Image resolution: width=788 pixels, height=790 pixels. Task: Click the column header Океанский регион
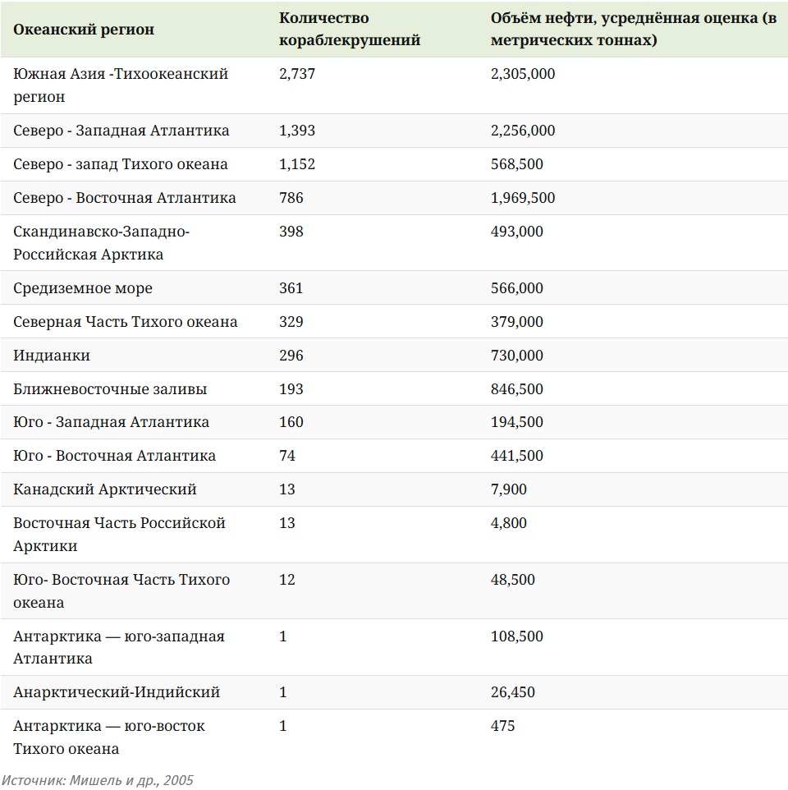84,30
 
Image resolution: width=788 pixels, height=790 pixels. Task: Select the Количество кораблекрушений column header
350,29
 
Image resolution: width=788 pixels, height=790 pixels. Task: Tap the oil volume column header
633,29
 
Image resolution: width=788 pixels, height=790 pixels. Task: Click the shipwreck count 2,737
297,74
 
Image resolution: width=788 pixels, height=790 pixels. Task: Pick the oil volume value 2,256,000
523,131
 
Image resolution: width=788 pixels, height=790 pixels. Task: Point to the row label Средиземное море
83,288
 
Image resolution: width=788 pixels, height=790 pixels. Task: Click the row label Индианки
52,356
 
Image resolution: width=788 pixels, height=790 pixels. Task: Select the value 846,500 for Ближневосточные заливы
517,389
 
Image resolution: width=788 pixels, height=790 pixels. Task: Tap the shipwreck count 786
291,198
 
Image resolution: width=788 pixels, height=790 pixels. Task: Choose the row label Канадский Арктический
105,489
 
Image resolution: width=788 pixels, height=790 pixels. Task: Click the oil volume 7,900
509,489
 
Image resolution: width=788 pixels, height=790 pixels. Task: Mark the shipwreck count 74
287,456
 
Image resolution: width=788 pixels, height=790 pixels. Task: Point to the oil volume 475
503,726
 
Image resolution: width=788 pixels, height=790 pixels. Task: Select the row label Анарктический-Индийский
117,692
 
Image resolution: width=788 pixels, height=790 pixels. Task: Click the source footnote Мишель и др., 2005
97,780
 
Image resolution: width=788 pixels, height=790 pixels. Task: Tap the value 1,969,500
523,198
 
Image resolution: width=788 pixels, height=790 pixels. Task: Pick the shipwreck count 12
287,580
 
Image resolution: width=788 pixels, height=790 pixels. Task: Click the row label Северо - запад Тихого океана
121,164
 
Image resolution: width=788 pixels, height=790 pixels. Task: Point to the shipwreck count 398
291,232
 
